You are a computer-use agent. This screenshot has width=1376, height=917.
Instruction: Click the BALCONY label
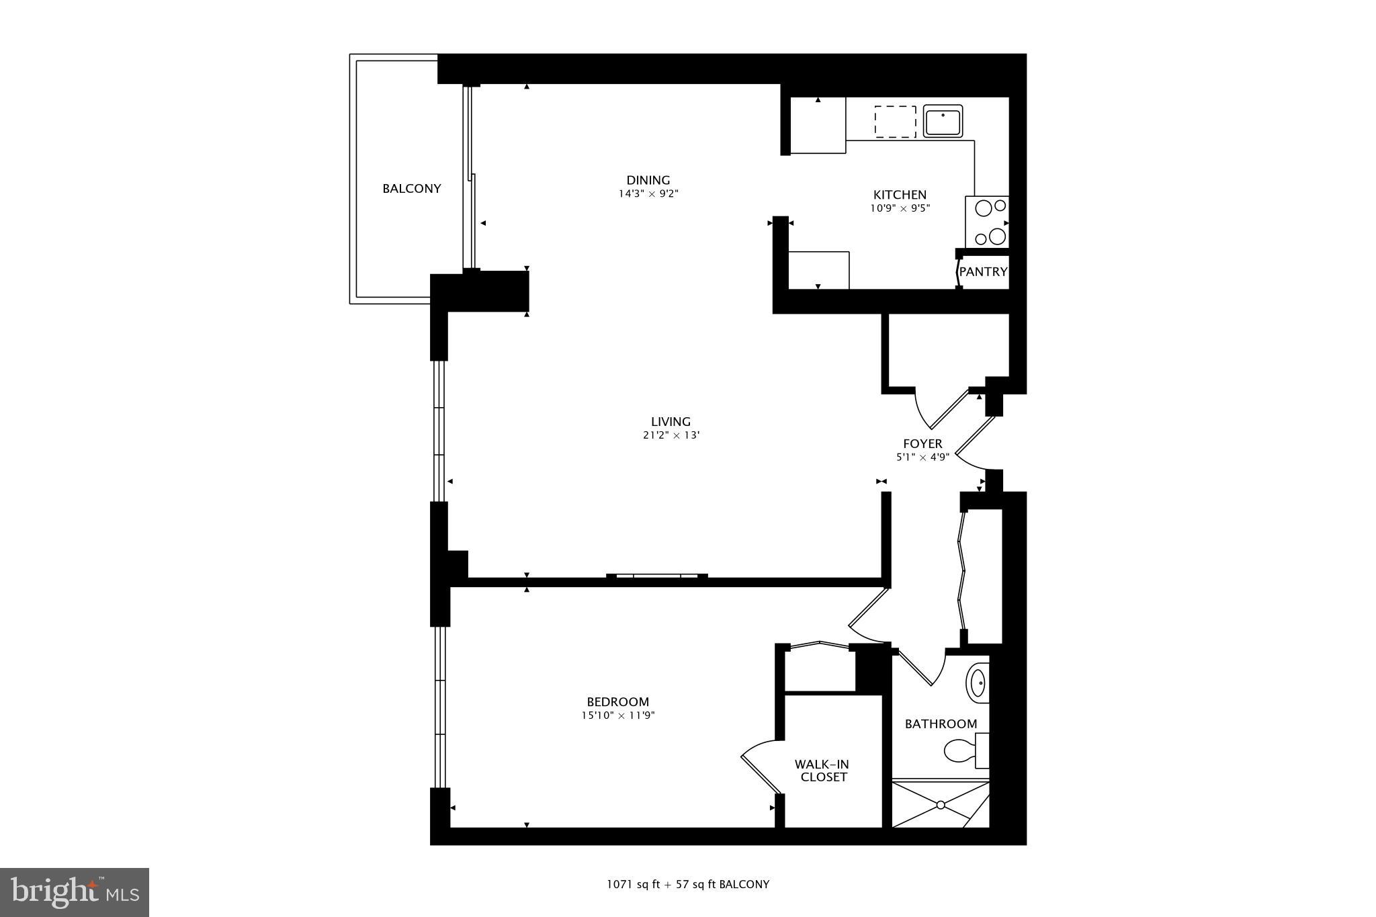[411, 189]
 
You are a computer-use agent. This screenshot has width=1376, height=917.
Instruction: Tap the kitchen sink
[943, 122]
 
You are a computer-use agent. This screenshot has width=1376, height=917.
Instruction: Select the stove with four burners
[987, 222]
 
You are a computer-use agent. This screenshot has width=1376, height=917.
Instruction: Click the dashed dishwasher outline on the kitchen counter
[895, 122]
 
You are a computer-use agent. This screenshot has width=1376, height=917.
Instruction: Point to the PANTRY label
[983, 272]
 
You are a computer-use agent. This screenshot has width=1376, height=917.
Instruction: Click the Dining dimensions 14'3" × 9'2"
[648, 194]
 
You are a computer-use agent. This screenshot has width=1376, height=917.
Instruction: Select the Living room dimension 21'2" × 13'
[671, 435]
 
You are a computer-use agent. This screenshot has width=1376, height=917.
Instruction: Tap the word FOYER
[922, 443]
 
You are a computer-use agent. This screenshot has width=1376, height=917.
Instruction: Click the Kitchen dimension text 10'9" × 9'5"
[900, 208]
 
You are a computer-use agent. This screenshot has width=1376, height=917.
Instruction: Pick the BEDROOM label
[617, 702]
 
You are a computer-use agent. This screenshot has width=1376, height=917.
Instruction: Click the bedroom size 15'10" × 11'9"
[617, 715]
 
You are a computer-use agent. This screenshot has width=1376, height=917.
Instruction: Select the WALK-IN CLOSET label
[822, 771]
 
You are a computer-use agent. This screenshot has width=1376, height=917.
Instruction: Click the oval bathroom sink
[978, 683]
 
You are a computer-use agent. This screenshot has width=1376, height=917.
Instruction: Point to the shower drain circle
[941, 804]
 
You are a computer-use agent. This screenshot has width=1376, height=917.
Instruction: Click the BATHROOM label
[941, 724]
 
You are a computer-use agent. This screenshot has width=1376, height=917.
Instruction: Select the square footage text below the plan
[687, 885]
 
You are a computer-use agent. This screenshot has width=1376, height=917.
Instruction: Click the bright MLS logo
[75, 892]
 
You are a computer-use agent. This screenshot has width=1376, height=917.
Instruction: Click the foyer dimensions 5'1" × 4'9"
[922, 457]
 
